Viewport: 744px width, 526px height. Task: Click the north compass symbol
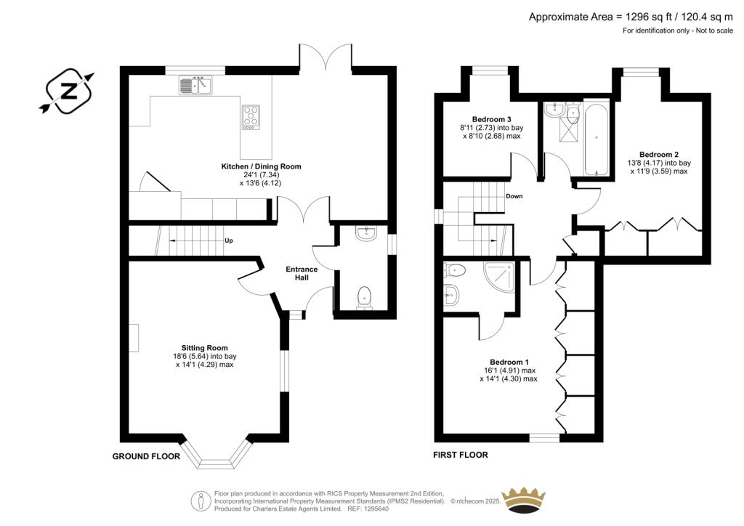click(x=67, y=91)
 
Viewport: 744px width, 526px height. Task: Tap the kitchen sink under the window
click(x=194, y=86)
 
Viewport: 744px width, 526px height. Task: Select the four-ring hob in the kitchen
click(x=251, y=117)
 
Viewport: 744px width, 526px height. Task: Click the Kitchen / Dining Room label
click(x=261, y=166)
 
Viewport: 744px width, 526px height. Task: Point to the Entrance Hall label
click(x=301, y=274)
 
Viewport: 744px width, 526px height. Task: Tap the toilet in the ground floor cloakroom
click(x=365, y=297)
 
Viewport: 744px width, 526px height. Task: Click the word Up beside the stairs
click(x=228, y=241)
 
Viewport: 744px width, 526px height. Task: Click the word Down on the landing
click(x=514, y=196)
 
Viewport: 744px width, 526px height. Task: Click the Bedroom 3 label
click(x=491, y=119)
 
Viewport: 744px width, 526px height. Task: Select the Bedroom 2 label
click(x=658, y=154)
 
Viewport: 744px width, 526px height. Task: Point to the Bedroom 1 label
click(x=509, y=362)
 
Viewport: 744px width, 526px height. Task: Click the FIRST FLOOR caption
click(x=461, y=456)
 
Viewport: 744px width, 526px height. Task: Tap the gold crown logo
click(x=525, y=501)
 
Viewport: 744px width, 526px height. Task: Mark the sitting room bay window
click(x=214, y=454)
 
